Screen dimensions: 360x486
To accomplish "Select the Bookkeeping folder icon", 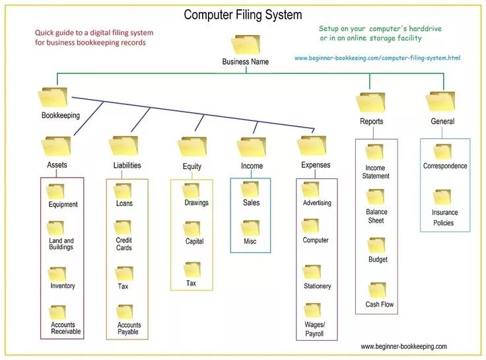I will pos(53,98).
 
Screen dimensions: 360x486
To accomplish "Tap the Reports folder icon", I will pos(370,102).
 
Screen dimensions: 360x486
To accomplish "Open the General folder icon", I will pos(440,101).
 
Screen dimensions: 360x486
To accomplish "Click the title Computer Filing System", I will pos(242,15).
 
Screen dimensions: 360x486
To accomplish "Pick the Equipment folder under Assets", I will pos(56,192).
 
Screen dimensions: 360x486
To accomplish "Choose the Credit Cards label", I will pos(124,244).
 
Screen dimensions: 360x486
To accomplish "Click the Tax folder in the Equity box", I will pos(192,270).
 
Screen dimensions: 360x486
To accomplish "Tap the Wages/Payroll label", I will pos(315,329).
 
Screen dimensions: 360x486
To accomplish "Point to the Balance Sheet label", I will pos(376,216).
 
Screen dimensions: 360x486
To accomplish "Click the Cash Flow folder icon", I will pos(377,290).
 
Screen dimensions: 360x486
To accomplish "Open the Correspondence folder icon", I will pos(442,152).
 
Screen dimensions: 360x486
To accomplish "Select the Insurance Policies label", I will pos(444,217).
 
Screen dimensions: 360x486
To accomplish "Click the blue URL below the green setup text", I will pos(377,58).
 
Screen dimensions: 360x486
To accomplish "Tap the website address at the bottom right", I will pos(403,346).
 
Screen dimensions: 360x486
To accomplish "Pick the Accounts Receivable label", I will pos(66,328).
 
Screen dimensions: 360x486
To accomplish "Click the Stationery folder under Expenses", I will pos(312,271).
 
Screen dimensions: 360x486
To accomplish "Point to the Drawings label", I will pos(196,203).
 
